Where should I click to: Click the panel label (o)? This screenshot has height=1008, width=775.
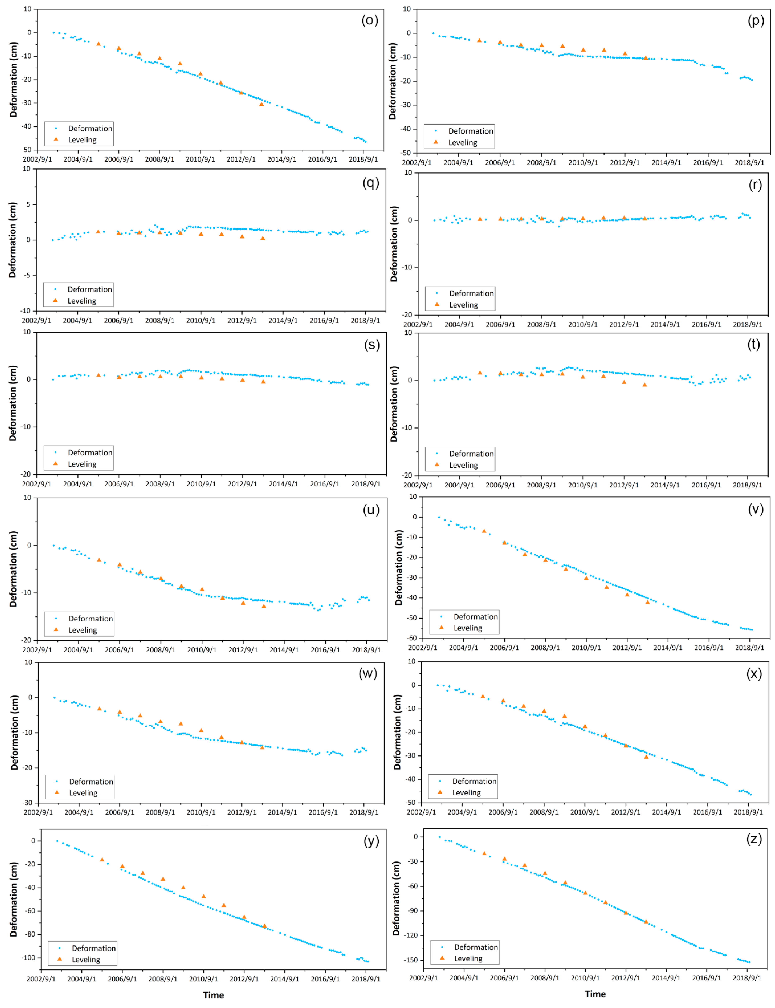point(370,20)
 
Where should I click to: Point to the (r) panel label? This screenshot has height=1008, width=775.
point(755,185)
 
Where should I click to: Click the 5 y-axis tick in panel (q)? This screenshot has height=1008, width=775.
point(28,204)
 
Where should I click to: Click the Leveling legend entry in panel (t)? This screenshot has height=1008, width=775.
point(463,465)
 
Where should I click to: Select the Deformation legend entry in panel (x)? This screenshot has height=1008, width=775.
point(474,781)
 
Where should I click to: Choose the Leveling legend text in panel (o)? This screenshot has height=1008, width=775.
point(82,140)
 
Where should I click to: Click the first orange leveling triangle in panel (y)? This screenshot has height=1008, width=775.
point(102,860)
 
